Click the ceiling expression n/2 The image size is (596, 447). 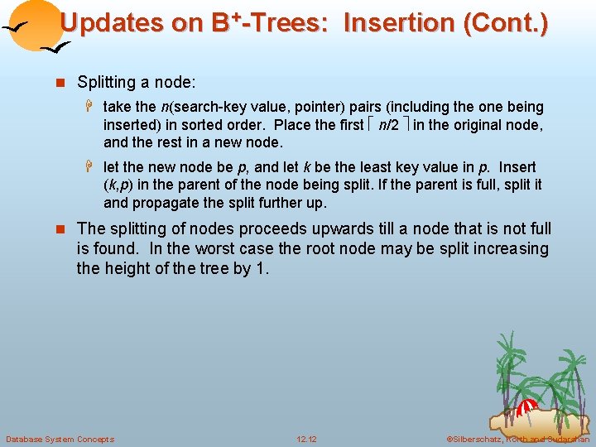click(x=388, y=125)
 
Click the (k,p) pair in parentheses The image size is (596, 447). click(x=120, y=185)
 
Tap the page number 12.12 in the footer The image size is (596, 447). click(x=306, y=439)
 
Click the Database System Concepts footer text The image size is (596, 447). click(x=60, y=439)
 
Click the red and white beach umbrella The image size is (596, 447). click(x=526, y=408)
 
